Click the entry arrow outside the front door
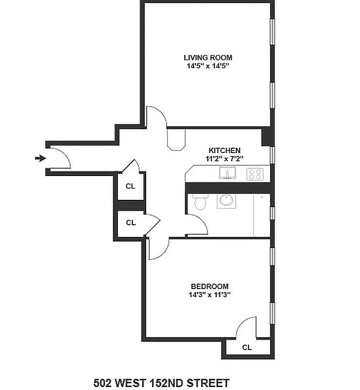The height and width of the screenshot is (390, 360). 40,158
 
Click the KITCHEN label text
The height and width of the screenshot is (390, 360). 224,150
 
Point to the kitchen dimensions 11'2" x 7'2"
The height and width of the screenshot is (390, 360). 224,158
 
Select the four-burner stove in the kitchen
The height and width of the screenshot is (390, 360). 255,174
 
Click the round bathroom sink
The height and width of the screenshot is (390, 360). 226,201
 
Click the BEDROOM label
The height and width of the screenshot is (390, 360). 209,286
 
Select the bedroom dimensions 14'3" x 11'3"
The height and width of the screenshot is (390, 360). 209,294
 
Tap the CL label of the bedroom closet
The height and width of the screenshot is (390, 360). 247,348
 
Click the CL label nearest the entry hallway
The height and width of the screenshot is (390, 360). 131,186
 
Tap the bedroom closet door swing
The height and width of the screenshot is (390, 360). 246,327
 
